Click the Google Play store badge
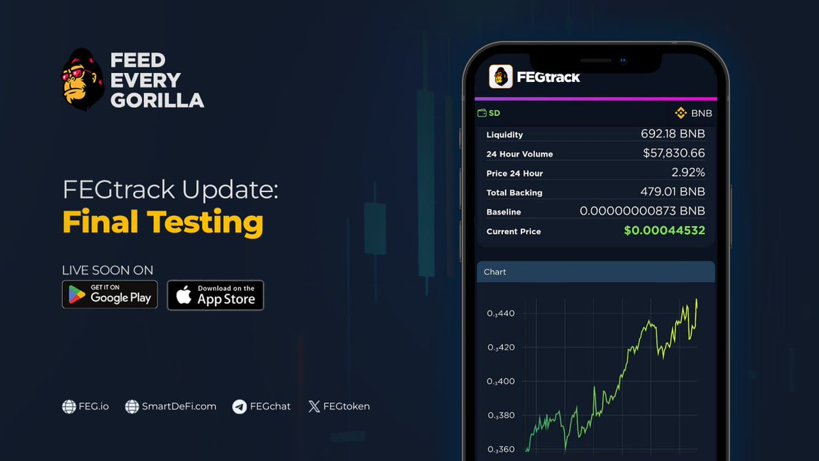click(x=110, y=294)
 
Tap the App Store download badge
click(x=215, y=295)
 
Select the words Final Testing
click(x=162, y=222)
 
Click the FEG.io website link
click(x=85, y=406)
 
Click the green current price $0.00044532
click(x=664, y=231)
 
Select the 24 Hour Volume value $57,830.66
click(x=674, y=154)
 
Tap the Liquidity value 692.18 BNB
click(x=672, y=134)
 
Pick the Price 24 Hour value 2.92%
click(x=688, y=173)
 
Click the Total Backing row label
click(x=514, y=193)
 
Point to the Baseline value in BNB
click(x=642, y=212)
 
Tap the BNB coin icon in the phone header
click(x=680, y=113)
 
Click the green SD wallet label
click(x=489, y=113)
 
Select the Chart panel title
click(x=495, y=272)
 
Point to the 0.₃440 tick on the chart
click(x=501, y=313)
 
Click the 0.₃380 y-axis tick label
click(x=501, y=415)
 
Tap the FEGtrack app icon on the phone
click(x=501, y=76)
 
